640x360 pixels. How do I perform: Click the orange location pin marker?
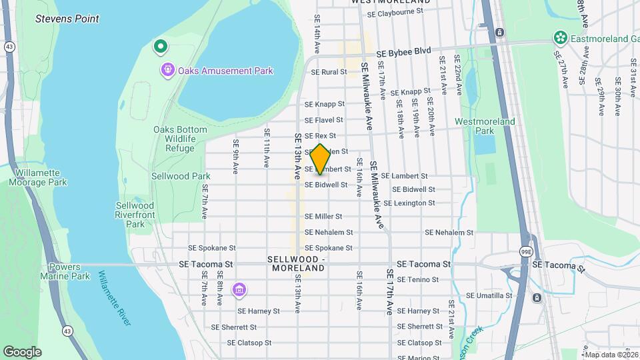point(321,159)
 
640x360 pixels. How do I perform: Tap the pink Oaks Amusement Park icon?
point(167,69)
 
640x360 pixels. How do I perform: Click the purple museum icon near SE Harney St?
point(239,290)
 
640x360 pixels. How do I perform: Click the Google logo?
point(22,351)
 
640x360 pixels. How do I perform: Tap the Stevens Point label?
point(67,19)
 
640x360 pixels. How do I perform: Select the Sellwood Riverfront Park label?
point(135,215)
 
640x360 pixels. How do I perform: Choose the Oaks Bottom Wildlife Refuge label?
point(180,139)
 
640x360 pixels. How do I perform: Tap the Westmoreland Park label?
point(485,127)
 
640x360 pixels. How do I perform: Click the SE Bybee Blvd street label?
point(403,51)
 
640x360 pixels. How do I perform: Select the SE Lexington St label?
point(409,203)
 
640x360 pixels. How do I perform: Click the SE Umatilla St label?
point(489,295)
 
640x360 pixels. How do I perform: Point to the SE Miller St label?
point(323,216)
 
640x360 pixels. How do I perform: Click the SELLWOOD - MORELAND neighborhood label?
point(298,263)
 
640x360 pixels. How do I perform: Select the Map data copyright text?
point(610,355)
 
